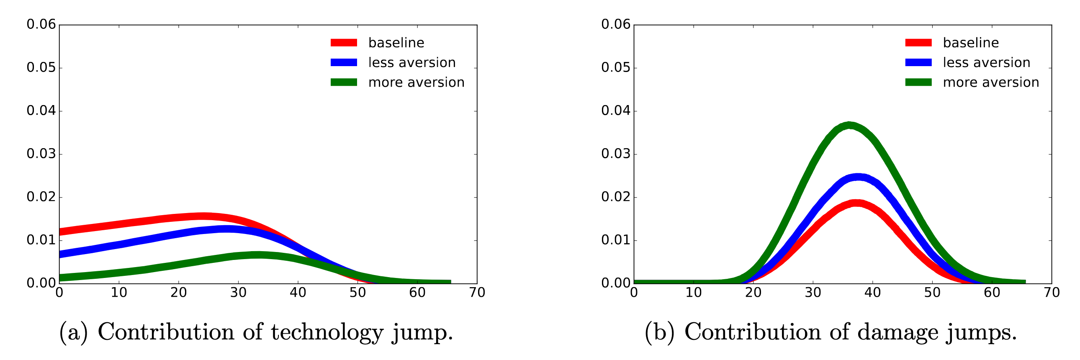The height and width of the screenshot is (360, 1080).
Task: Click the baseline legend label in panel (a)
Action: click(396, 43)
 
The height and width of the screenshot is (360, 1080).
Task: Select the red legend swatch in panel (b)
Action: click(918, 43)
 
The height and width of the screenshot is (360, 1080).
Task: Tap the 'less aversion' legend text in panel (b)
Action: click(986, 62)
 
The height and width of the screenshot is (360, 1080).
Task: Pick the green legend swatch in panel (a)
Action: click(343, 82)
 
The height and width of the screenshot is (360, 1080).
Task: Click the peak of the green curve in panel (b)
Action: click(849, 125)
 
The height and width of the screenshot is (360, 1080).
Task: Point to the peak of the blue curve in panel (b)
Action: click(857, 177)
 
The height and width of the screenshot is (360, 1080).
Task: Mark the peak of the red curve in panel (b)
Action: click(856, 203)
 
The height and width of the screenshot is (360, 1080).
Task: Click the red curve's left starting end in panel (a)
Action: click(60, 231)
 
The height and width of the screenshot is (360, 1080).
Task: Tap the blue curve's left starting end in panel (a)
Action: click(60, 254)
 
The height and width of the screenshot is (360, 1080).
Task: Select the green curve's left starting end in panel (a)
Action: click(60, 278)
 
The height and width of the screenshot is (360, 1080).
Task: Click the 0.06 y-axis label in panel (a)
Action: click(41, 24)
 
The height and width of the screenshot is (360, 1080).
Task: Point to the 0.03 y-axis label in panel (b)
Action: click(615, 154)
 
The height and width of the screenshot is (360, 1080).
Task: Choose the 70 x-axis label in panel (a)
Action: click(477, 293)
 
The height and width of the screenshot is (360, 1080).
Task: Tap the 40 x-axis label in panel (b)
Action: click(872, 293)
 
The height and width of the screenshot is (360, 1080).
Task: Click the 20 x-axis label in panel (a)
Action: click(179, 293)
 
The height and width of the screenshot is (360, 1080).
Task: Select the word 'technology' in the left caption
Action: click(327, 332)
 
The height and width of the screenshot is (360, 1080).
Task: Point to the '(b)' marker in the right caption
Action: click(659, 332)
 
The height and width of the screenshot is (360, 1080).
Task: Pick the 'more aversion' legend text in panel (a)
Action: click(416, 82)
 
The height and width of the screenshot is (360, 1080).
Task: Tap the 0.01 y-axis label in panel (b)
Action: click(615, 240)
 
